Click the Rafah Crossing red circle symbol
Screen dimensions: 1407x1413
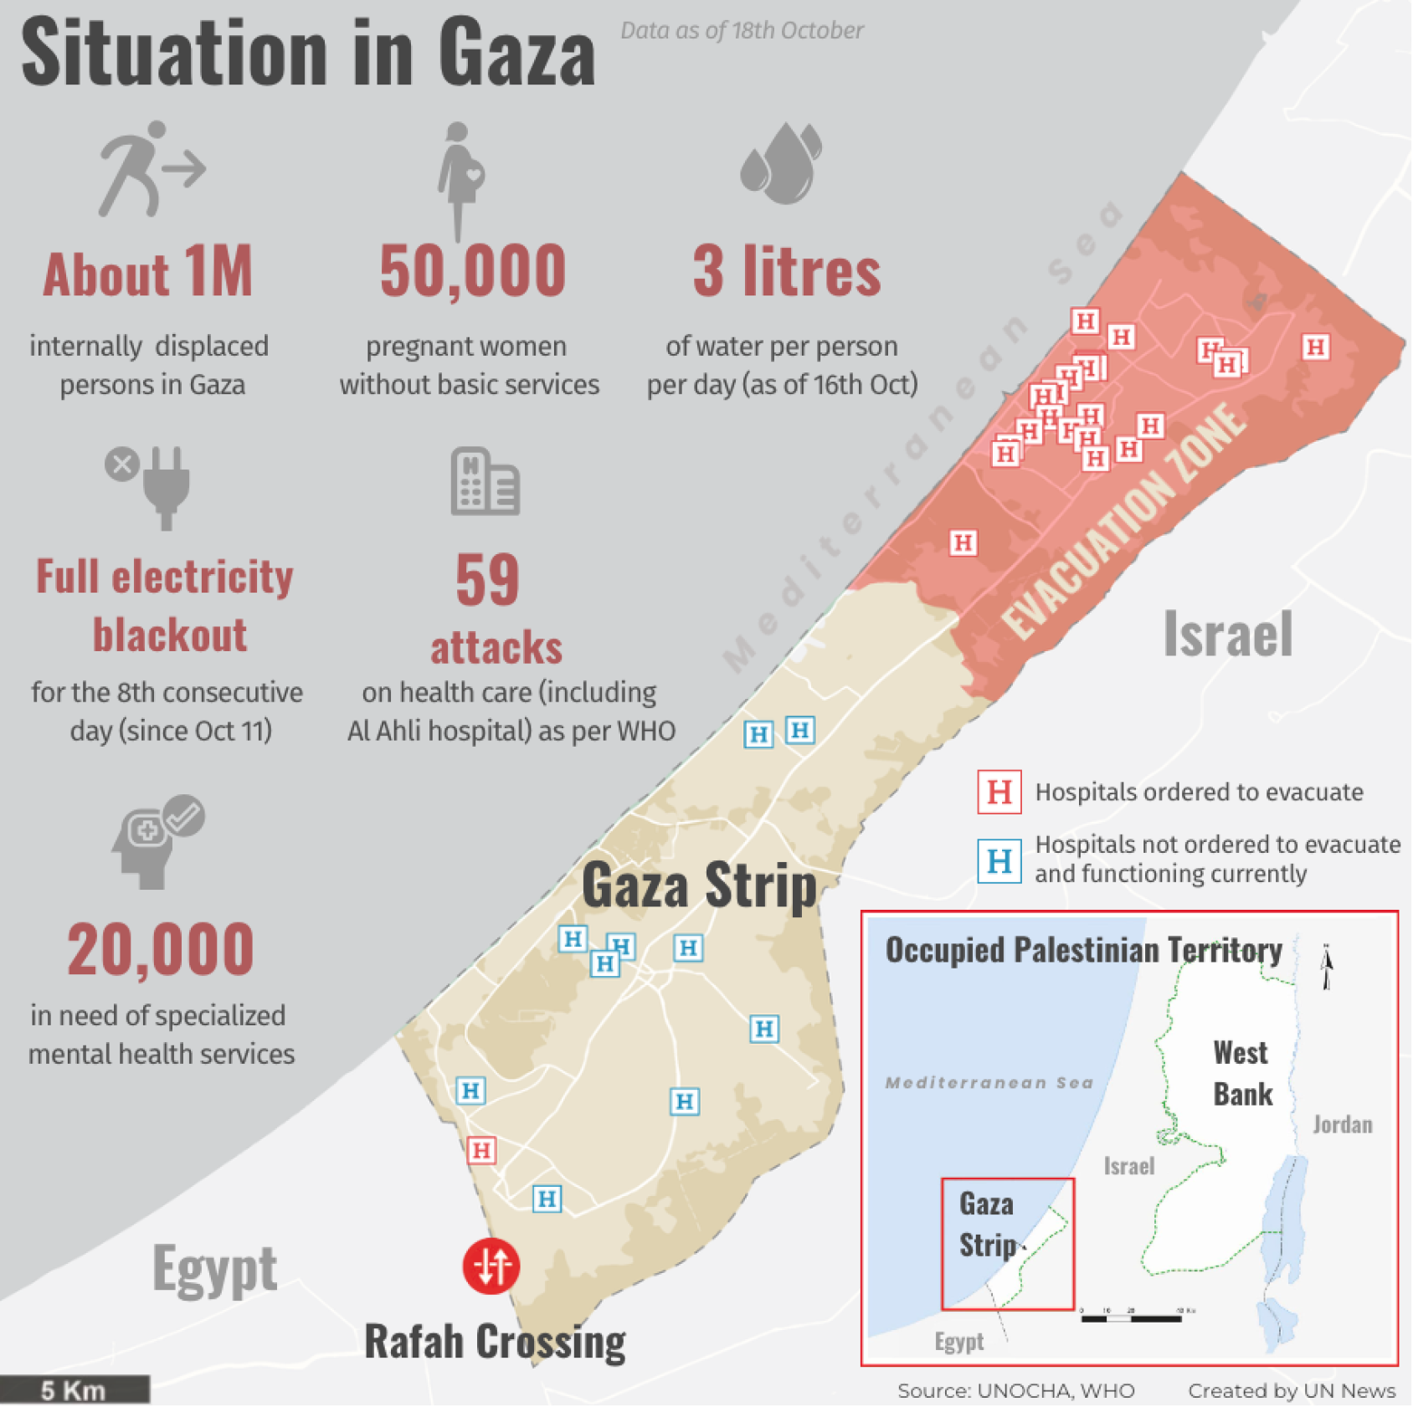tap(491, 1266)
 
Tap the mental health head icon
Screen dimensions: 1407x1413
tap(157, 840)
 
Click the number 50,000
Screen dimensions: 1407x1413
tap(473, 271)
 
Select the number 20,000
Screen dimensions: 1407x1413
tap(161, 949)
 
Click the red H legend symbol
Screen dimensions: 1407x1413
tap(999, 792)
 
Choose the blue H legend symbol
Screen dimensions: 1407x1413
tap(999, 860)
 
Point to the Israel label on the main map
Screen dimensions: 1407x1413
tap(1228, 634)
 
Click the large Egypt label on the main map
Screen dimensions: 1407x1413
tap(214, 1269)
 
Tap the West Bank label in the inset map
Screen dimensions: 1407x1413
tap(1242, 1073)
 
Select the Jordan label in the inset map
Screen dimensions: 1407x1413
tap(1342, 1124)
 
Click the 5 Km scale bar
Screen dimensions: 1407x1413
tap(75, 1389)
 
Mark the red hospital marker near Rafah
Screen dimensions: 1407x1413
tap(481, 1150)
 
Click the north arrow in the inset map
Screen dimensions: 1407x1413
tap(1326, 966)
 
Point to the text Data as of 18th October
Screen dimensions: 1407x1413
tap(742, 31)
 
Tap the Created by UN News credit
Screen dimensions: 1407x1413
tap(1292, 1390)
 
